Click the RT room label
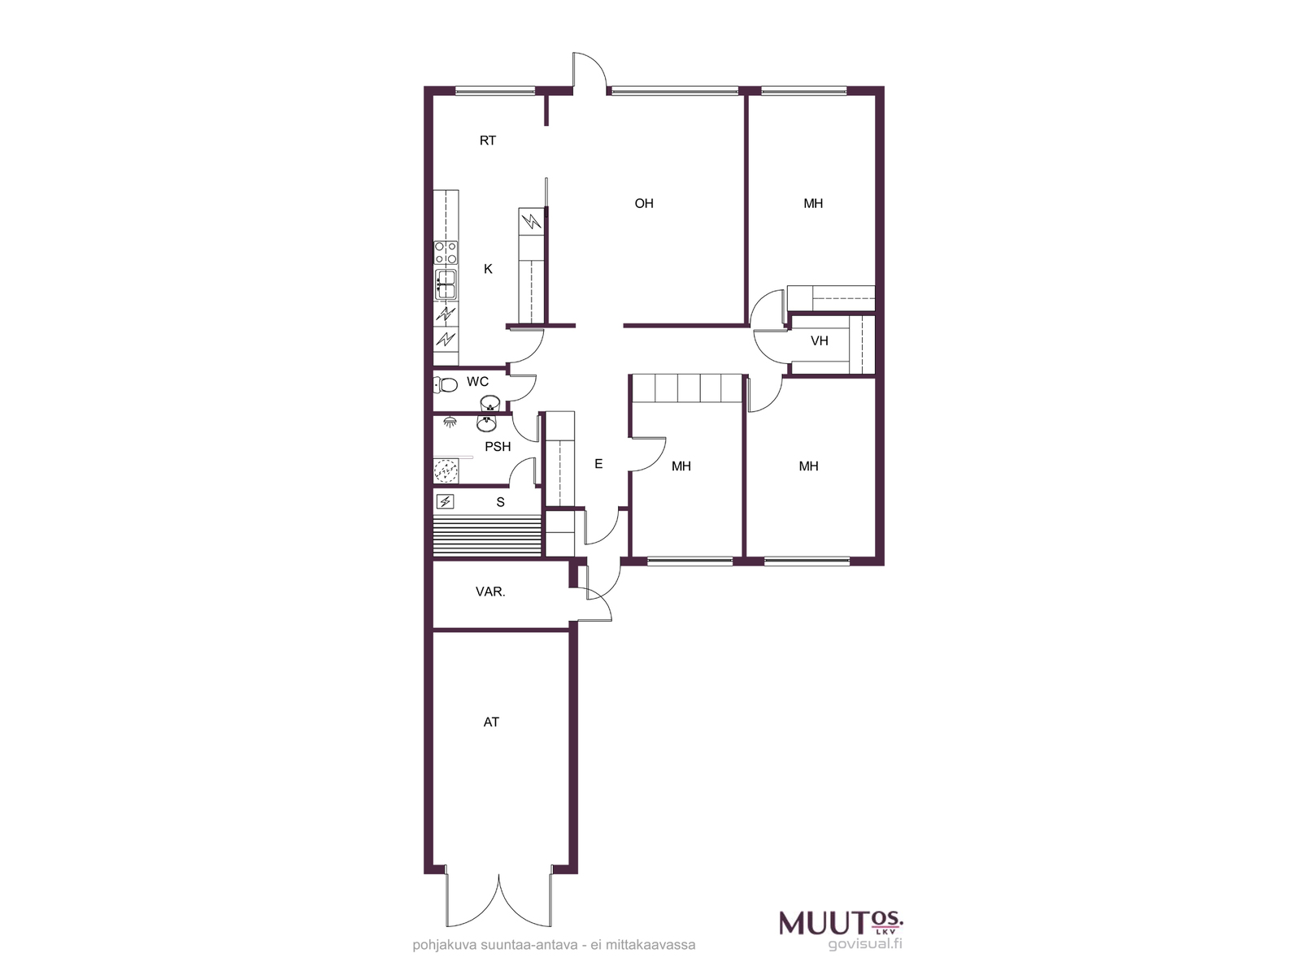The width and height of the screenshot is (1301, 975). pos(487,141)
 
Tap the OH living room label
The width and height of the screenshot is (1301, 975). pos(644,204)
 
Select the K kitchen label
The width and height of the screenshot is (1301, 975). pos(488,270)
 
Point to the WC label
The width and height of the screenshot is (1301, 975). pos(477,382)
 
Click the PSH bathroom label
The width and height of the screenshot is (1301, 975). pos(498,447)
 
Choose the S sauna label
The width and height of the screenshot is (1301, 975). pos(500,503)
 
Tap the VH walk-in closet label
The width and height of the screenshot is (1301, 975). pos(819,341)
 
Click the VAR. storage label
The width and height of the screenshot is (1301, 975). pos(490,591)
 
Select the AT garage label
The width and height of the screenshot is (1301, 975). pos(491,722)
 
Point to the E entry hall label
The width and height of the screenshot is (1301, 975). pos(598,464)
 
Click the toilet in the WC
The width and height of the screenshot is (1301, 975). pos(445,385)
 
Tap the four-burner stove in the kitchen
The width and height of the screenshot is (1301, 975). pos(446,252)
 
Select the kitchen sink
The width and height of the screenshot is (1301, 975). pos(445,284)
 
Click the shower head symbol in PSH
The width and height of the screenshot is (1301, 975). pos(451,422)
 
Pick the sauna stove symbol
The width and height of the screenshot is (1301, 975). pos(445,502)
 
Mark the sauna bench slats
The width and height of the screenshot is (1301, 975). pos(488,535)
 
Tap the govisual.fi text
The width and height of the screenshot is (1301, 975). pos(865,943)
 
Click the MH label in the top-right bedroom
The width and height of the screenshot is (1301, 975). pos(812,204)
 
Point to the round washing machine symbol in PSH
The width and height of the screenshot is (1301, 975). pos(445,471)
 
